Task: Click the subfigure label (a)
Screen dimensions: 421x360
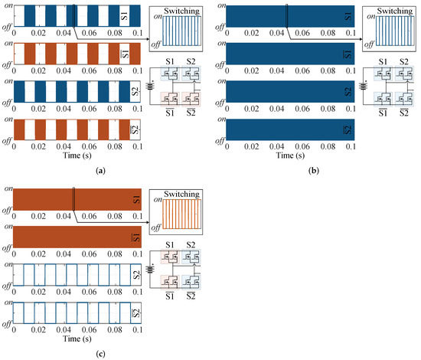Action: click(101, 171)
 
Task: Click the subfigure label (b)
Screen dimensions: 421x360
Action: click(314, 171)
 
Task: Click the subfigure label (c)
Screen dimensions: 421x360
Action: click(101, 354)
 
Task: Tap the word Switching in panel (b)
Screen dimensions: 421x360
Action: click(394, 11)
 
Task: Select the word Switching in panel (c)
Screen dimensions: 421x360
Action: click(181, 194)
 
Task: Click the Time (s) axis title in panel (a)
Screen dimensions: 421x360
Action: click(77, 155)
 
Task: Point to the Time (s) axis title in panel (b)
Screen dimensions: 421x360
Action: click(290, 155)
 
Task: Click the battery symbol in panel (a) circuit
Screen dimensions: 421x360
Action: click(150, 86)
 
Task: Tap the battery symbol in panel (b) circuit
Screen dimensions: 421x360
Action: click(364, 86)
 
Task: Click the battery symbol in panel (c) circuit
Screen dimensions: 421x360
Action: click(150, 269)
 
